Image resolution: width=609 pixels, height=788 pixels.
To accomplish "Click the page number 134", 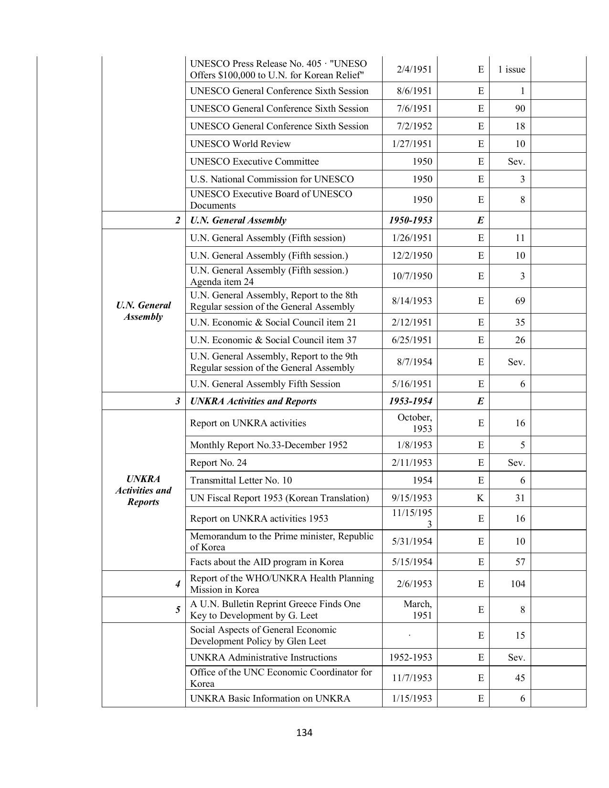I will pos(304,732).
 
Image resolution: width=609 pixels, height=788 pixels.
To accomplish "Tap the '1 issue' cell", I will pos(511,69).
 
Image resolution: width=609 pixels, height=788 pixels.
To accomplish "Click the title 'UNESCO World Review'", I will pos(240,144).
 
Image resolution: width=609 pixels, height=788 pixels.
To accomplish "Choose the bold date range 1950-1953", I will pos(410,220).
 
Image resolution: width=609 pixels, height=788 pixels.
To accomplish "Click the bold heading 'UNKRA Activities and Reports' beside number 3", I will pos(253,401).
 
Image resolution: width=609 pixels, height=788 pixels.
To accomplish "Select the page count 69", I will pos(520,301).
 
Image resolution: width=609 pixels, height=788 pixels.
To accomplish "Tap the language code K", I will pos(480,498).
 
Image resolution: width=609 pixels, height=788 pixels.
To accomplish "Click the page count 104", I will pos(517,584).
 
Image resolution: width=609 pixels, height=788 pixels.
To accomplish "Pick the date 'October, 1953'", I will pos(415,423).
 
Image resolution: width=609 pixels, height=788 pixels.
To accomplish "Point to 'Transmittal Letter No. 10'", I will pos(241,480).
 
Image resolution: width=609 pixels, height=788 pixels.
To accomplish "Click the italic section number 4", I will pos(178,584).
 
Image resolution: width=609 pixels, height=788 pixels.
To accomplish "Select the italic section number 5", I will pos(178,609).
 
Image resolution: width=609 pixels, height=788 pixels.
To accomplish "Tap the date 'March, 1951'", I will pos(417,609).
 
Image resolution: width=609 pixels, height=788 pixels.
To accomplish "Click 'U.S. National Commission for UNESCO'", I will pos(272,179).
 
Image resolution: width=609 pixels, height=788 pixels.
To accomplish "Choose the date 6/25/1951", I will pos(412,340).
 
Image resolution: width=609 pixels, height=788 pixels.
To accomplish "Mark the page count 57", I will pos(520,562).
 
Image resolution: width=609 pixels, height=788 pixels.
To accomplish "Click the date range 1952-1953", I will pos(410,657).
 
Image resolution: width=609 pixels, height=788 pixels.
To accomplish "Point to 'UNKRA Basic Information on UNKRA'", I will pos(270,698).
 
